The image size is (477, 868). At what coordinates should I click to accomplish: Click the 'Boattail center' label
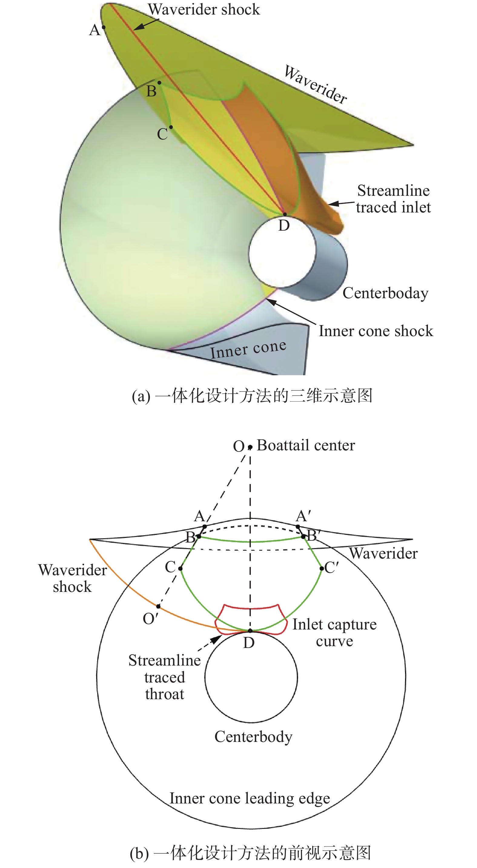pyautogui.click(x=306, y=445)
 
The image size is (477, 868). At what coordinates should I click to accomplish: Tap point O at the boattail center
pyautogui.click(x=250, y=447)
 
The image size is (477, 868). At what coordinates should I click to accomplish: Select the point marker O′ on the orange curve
pyautogui.click(x=158, y=606)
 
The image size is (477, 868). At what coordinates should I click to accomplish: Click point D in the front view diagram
pyautogui.click(x=250, y=630)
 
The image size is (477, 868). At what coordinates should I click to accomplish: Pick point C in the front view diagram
pyautogui.click(x=181, y=569)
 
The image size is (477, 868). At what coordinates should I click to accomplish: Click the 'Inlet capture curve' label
pyautogui.click(x=334, y=633)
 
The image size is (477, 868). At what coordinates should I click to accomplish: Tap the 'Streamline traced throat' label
pyautogui.click(x=165, y=677)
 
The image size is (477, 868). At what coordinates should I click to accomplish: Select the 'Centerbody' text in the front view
pyautogui.click(x=253, y=736)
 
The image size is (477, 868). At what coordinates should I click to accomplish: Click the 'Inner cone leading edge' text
pyautogui.click(x=250, y=798)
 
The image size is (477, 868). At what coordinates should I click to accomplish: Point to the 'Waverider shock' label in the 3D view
pyautogui.click(x=204, y=9)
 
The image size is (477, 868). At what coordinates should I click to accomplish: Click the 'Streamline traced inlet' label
pyautogui.click(x=393, y=199)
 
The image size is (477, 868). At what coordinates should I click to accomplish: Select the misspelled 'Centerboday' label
pyautogui.click(x=386, y=293)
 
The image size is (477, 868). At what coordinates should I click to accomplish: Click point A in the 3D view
pyautogui.click(x=104, y=27)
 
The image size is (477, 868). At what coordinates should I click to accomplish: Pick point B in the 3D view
pyautogui.click(x=159, y=82)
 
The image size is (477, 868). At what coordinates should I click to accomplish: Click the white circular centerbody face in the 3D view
pyautogui.click(x=282, y=253)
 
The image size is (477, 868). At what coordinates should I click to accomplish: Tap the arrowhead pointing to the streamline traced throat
pyautogui.click(x=217, y=639)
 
